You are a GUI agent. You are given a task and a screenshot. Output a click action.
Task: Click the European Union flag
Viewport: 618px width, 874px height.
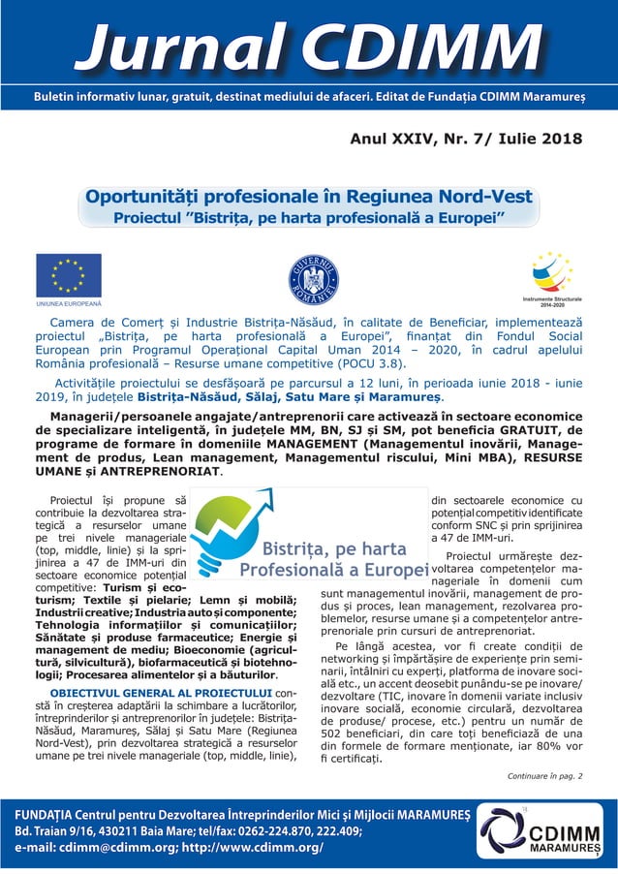[x=69, y=274]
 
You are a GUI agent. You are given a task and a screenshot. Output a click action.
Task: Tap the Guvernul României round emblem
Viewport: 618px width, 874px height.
[x=314, y=279]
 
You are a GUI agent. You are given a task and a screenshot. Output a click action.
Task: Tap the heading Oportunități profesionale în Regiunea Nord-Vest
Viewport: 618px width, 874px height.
[x=309, y=197]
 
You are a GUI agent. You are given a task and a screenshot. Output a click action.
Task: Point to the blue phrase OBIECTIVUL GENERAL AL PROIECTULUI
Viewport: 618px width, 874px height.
[x=162, y=693]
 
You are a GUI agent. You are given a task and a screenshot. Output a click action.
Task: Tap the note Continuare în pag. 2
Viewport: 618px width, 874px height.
[x=544, y=777]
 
